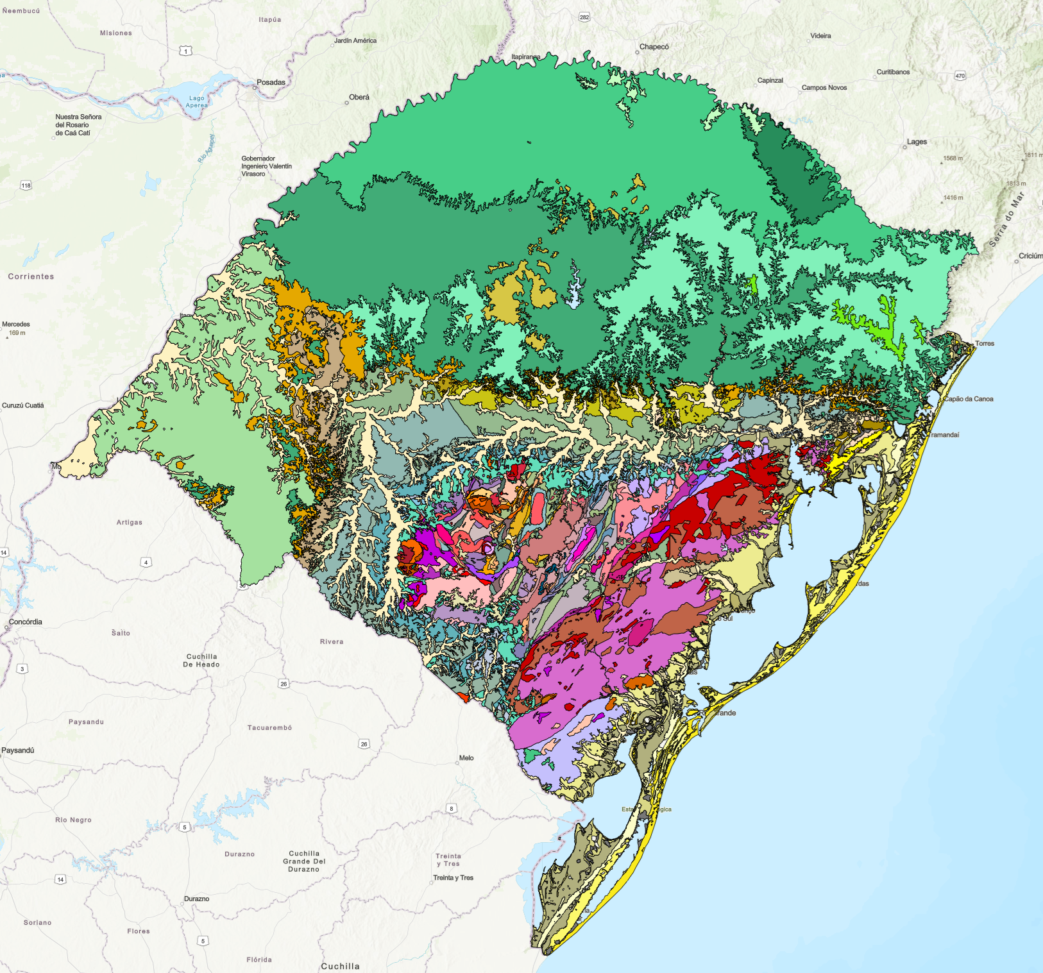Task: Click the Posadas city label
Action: pos(271,82)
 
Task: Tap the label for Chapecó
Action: pos(654,47)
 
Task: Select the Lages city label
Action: pos(916,142)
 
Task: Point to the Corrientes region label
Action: pos(31,276)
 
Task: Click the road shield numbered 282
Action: pos(584,17)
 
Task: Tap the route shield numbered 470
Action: pos(960,76)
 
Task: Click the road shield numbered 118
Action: pos(26,185)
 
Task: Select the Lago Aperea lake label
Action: pos(196,102)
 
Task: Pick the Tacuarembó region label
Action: pos(269,727)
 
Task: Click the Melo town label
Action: pos(466,757)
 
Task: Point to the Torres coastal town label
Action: pos(984,344)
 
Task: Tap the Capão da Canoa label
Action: pos(968,399)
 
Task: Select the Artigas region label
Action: pos(130,522)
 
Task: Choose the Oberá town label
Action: pos(359,97)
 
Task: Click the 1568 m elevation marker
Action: pos(953,158)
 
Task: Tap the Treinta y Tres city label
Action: pos(453,877)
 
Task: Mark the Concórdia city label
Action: pos(26,622)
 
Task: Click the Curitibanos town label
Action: pos(893,72)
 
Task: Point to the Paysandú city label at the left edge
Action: pos(18,750)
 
